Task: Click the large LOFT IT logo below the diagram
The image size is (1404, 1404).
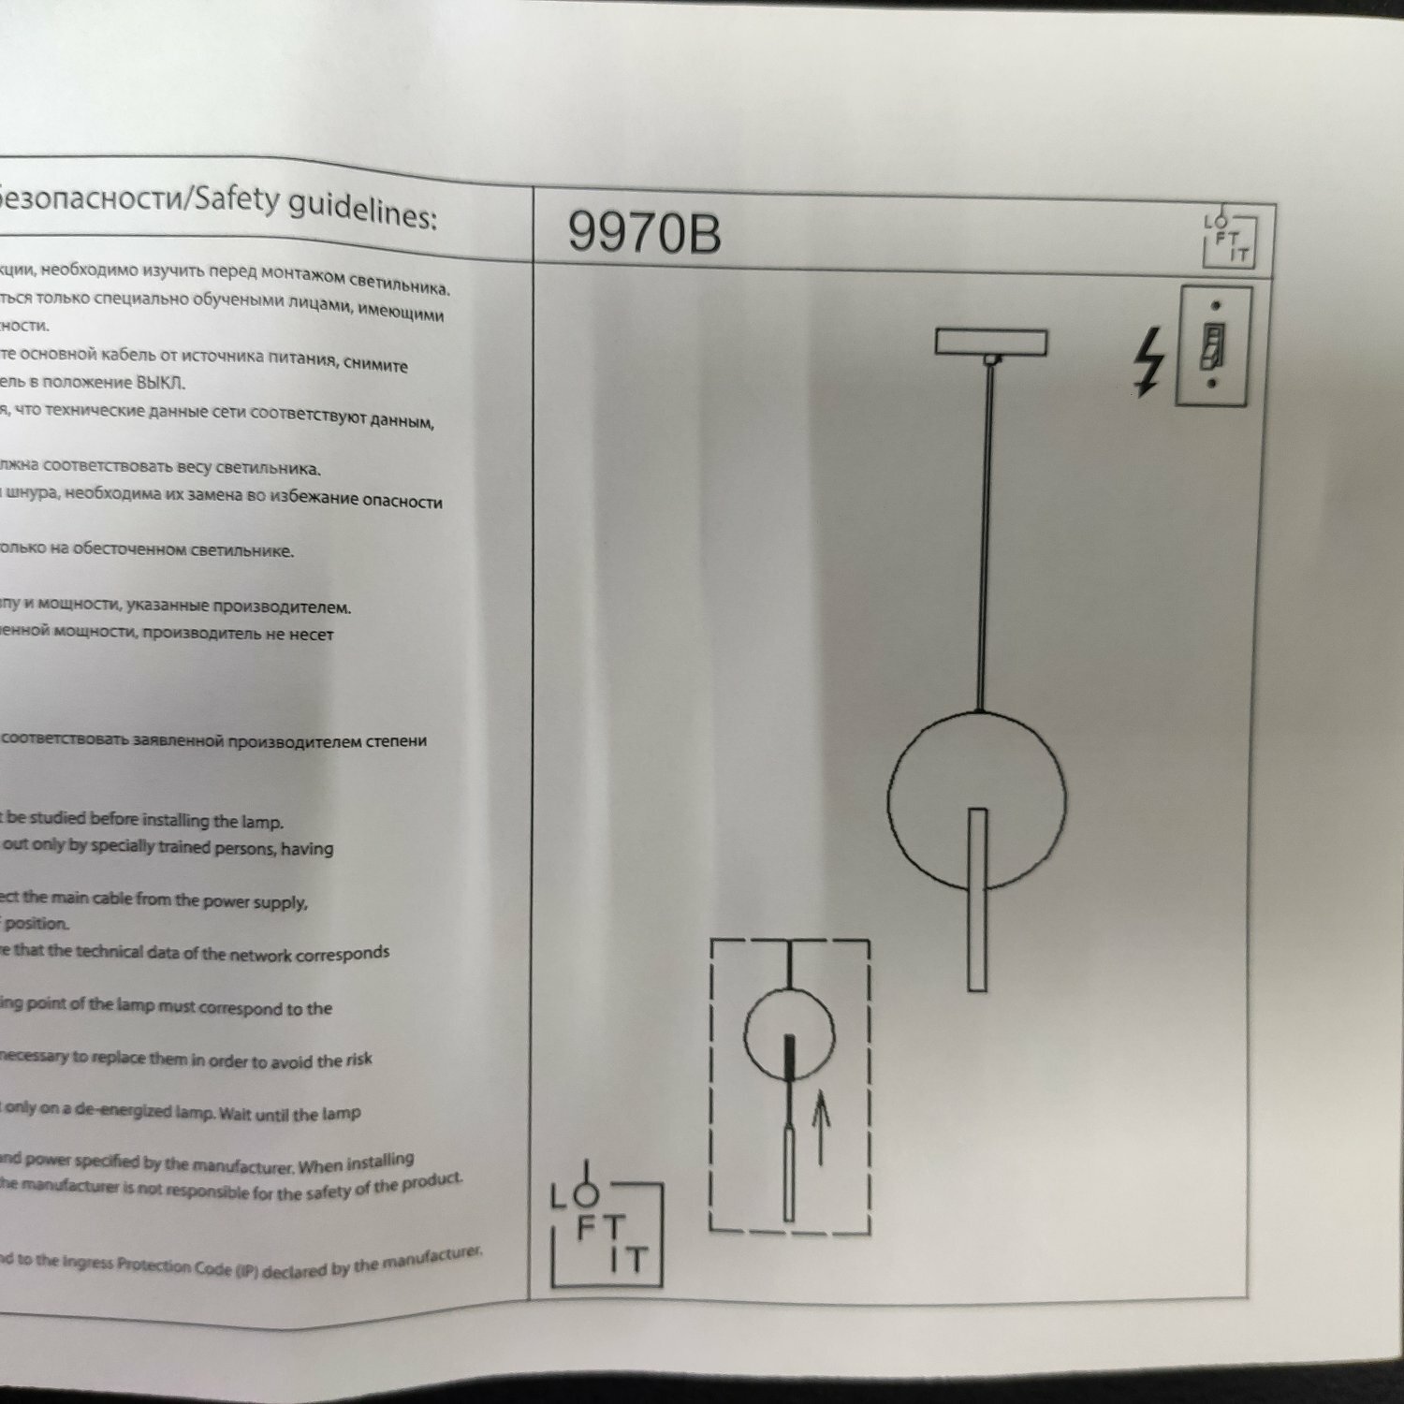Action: coord(607,1234)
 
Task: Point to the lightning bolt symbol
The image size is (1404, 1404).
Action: coord(1149,360)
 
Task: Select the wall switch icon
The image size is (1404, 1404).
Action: coord(1213,345)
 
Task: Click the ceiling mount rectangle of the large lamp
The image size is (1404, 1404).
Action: coord(991,342)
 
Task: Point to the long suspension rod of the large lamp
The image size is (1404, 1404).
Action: coord(985,534)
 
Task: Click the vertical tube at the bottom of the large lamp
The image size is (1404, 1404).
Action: coord(977,899)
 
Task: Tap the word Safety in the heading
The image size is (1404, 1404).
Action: coord(236,199)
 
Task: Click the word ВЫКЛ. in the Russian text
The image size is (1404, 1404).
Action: coord(161,382)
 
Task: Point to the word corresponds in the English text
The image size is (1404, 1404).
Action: coord(342,954)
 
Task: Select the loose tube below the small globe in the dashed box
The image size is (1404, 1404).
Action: coord(789,1175)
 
